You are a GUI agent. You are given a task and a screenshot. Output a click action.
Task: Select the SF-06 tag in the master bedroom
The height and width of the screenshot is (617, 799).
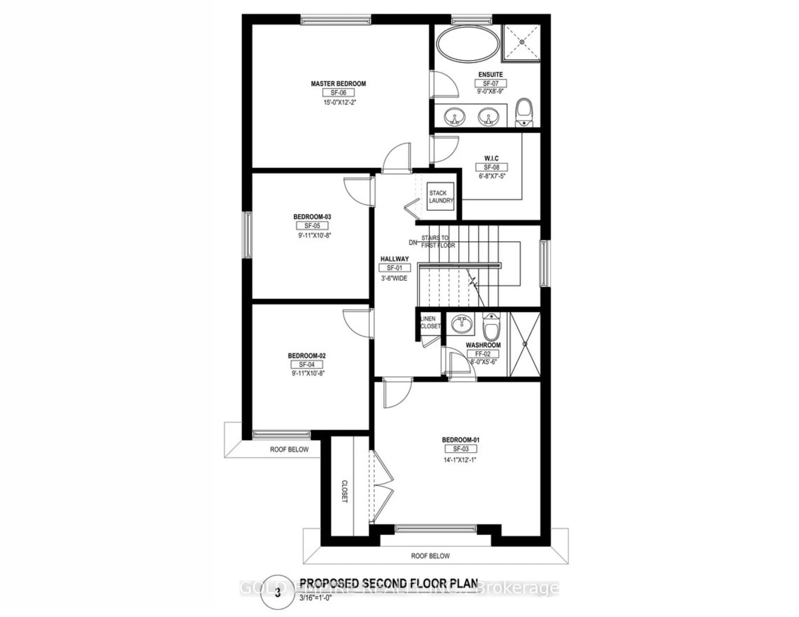coord(338,93)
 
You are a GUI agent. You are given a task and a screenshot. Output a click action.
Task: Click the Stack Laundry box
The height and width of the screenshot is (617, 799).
coord(441,196)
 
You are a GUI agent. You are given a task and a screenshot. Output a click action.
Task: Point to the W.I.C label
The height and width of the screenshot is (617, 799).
coord(491,158)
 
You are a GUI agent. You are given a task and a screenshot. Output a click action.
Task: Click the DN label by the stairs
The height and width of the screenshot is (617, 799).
coord(413,242)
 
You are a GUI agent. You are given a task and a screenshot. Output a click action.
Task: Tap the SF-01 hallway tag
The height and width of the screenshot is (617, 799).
coord(394,268)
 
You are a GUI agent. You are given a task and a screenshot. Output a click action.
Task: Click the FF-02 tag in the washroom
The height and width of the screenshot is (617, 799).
coord(483,354)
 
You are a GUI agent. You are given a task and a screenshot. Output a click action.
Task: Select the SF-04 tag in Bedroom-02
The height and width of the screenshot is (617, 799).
coord(306,365)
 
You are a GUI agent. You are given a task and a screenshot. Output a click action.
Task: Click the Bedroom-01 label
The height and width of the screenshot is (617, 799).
coord(461,440)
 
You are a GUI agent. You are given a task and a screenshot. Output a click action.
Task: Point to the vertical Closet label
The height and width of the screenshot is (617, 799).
coord(344,491)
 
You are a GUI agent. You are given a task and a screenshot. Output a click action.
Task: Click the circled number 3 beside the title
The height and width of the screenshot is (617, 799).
coord(278,593)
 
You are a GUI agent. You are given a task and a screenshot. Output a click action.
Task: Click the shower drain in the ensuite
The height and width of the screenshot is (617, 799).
coord(521,42)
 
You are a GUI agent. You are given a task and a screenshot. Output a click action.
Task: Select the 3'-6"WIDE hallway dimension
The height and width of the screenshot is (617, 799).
coord(394,278)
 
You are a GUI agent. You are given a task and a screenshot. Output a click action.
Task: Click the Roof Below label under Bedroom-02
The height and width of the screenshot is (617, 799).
coord(289,450)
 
